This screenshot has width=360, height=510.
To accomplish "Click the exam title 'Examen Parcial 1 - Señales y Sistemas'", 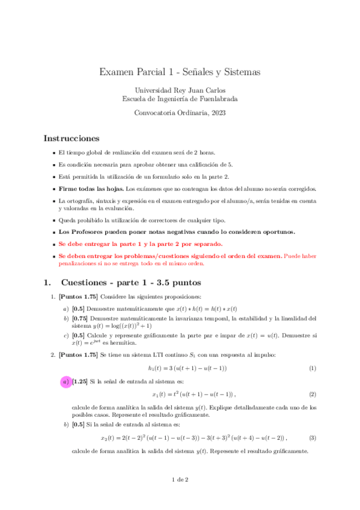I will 180,72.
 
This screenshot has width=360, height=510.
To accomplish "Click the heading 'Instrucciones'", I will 71,138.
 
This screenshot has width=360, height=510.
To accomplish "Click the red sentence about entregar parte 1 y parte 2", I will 140,244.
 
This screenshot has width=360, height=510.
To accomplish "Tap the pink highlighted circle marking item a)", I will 65,381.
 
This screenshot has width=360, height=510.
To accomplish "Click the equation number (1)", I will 312,368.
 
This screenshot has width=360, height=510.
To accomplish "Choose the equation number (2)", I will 312,395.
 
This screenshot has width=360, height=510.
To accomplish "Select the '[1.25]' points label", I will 81,381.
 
